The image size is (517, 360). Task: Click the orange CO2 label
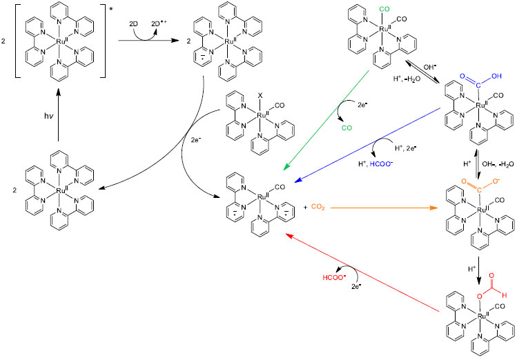318,206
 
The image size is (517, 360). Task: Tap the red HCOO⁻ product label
332,281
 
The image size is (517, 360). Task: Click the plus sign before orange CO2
304,206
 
